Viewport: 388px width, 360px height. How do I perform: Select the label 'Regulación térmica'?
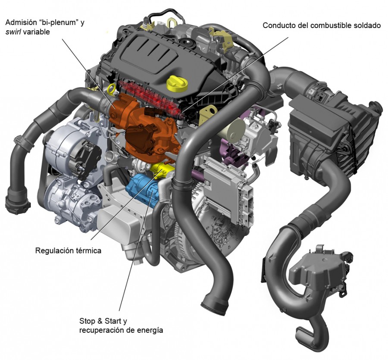[x=68, y=250]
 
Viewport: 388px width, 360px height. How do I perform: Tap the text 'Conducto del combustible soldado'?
[x=322, y=25]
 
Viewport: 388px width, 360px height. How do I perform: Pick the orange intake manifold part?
[x=142, y=125]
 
